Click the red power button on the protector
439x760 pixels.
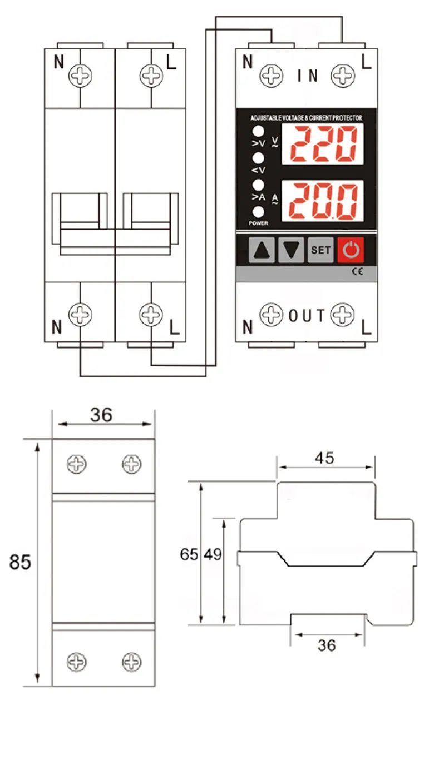coord(351,250)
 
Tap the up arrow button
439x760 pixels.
coord(260,250)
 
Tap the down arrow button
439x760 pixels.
coord(291,250)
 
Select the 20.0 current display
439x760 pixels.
coord(323,200)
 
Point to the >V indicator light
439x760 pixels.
coord(258,132)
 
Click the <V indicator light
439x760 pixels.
coord(258,158)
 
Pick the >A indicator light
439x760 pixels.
coord(258,185)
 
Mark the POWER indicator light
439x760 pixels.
coord(258,212)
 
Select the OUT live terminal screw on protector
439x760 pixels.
coord(342,315)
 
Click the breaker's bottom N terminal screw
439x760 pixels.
coord(80,315)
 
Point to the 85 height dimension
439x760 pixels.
coord(20,562)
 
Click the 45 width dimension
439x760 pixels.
coord(324,458)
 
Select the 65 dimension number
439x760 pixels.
coord(189,554)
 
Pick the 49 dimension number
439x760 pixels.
coord(213,554)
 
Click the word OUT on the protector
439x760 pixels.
coord(307,316)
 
